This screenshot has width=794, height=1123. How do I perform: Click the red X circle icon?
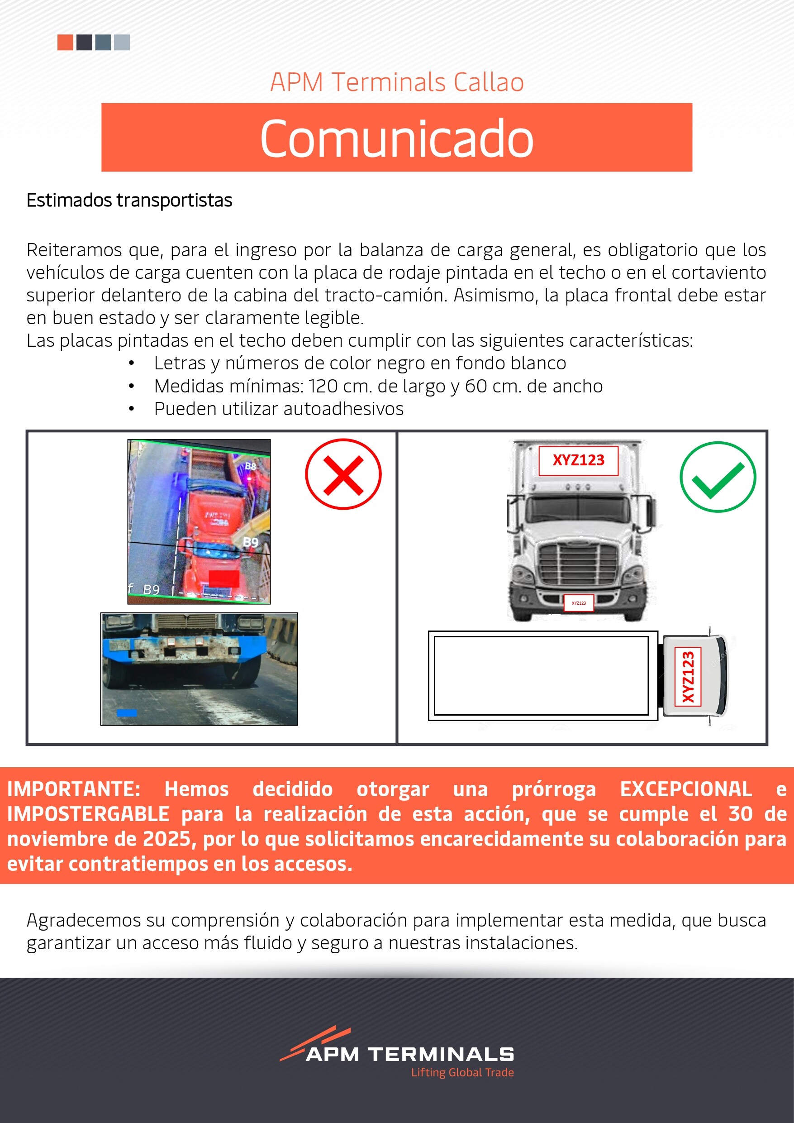[343, 474]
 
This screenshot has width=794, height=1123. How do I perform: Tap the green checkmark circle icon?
[717, 477]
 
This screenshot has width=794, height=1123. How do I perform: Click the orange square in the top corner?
[65, 42]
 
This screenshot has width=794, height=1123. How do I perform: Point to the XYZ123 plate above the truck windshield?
[578, 460]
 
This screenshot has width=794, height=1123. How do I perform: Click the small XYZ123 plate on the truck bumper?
[578, 603]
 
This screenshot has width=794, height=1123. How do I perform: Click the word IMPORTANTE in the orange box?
[74, 789]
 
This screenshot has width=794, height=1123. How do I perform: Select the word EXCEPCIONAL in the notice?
[685, 789]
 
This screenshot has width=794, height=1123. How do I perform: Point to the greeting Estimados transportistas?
[129, 201]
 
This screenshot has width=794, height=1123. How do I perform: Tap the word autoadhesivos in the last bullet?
[313, 409]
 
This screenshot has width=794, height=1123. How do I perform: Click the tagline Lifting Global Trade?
[462, 1072]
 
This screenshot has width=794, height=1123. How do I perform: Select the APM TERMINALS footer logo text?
[410, 1055]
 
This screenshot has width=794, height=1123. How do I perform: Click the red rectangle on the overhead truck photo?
[224, 578]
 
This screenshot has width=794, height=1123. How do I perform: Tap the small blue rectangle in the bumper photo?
[127, 712]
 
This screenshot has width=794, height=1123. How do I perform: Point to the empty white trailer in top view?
[541, 675]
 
